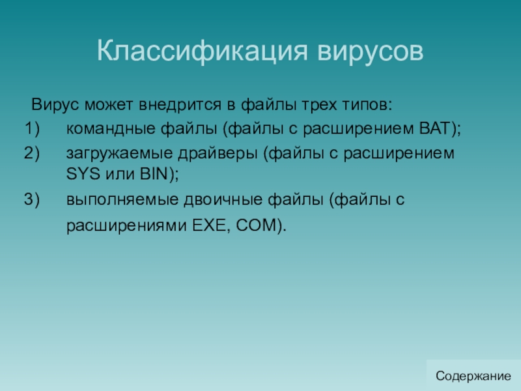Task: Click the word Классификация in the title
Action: pos(203,51)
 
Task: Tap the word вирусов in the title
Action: pos(371,51)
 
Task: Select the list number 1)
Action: pos(32,128)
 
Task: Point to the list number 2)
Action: pos(32,153)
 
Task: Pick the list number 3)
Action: pos(32,199)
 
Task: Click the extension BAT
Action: pos(434,128)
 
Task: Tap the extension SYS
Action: pos(83,173)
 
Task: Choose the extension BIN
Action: pos(154,173)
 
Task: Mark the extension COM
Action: pos(257,225)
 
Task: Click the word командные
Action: pos(111,129)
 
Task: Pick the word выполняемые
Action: pos(122,200)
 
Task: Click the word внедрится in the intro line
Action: pos(180,105)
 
